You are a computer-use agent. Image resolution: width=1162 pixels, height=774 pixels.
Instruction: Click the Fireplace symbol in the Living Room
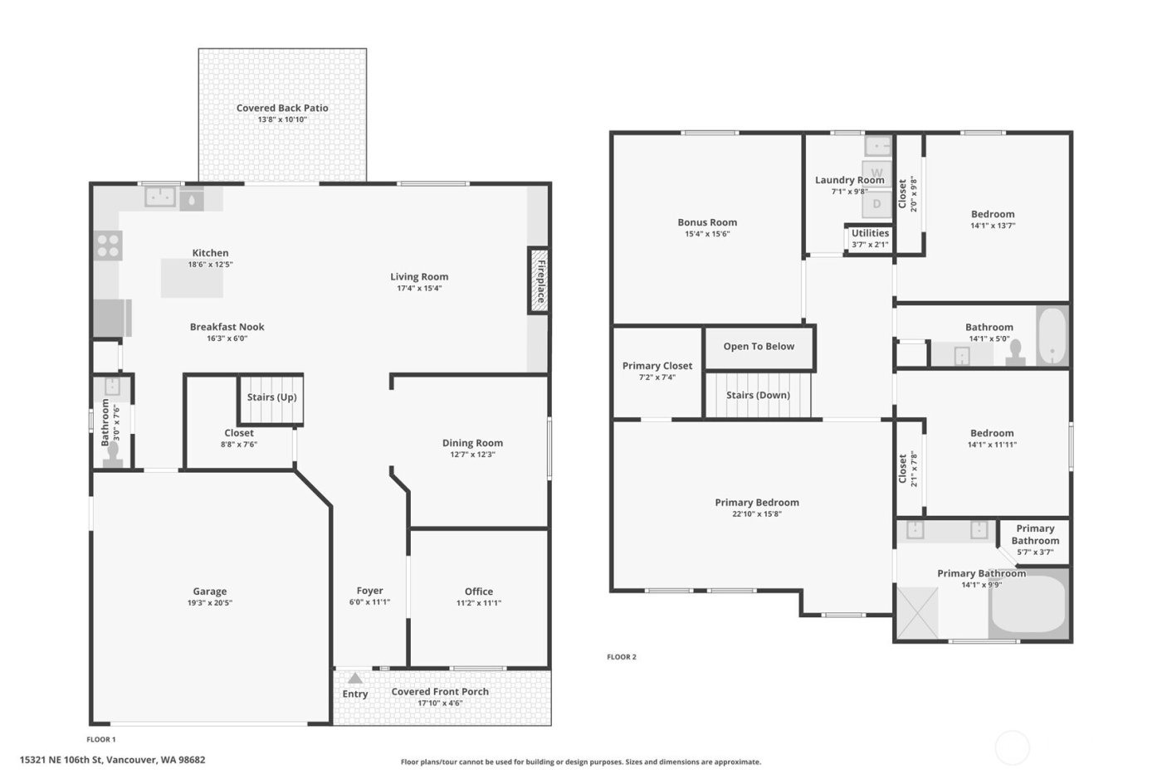[x=539, y=280]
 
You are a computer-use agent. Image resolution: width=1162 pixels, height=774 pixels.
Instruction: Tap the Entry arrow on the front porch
[x=355, y=679]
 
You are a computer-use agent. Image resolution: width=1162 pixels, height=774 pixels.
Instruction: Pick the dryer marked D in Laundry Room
[x=876, y=203]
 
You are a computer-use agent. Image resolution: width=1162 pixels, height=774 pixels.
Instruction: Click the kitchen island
[x=193, y=278]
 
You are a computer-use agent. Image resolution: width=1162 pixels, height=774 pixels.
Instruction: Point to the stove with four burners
[x=108, y=245]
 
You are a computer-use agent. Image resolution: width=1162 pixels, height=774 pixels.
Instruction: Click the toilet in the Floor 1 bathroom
[x=115, y=450]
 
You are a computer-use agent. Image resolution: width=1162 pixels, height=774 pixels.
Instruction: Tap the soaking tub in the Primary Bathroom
[x=1028, y=605]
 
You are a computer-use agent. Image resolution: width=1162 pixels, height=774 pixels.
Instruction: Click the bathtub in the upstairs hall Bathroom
[x=1051, y=337]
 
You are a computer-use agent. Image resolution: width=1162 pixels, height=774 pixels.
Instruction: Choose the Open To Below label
[x=759, y=347]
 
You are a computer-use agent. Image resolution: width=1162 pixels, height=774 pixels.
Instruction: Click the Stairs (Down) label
[x=758, y=395]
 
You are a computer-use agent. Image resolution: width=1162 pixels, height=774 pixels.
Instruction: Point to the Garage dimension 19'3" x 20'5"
[x=210, y=603]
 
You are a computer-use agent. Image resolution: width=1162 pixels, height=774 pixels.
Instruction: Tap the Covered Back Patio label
[x=282, y=108]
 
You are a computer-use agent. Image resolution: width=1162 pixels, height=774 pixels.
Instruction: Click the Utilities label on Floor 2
[x=870, y=233]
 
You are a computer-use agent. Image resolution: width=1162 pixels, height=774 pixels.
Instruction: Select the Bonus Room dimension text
[x=707, y=234]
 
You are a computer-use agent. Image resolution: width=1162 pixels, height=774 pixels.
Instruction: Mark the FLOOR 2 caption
[x=622, y=657]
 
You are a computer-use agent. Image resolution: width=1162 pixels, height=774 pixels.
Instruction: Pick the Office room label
[x=479, y=591]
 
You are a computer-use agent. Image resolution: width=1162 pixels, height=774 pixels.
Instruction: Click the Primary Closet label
[x=657, y=366]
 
